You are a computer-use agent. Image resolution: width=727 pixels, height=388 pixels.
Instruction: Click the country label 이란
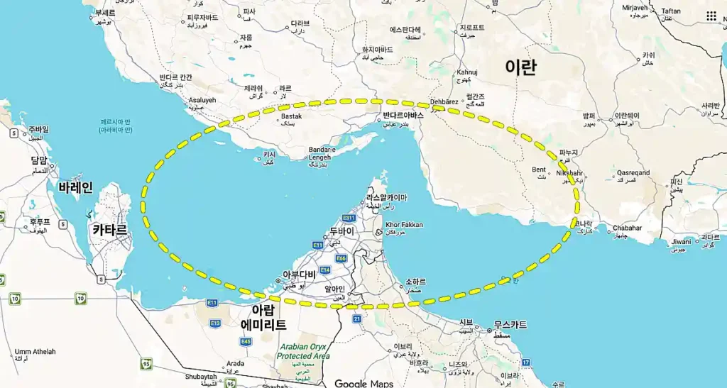coord(520,67)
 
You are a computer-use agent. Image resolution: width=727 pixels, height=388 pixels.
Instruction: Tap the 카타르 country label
coord(110,230)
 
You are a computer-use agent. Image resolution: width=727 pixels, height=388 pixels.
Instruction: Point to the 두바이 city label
coord(341,231)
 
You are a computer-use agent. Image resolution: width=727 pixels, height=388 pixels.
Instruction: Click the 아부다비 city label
coord(299,275)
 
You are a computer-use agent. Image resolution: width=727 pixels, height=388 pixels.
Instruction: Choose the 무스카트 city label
coord(510,325)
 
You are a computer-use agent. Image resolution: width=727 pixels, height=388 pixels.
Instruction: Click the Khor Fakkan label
coord(404,225)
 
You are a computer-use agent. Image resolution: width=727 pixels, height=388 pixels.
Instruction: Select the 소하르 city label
coord(415,281)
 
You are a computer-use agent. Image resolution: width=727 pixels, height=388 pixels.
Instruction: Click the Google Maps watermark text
coord(363,384)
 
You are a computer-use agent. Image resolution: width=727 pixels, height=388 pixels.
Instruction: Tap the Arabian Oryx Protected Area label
coord(303,351)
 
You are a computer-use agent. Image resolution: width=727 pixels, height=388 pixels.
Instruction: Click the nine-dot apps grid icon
coord(711,16)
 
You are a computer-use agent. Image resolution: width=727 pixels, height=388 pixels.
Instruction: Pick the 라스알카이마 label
coord(387,198)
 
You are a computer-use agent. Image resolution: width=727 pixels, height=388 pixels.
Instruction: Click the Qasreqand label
coord(633,172)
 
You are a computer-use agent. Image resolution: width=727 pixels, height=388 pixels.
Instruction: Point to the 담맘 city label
coord(39,160)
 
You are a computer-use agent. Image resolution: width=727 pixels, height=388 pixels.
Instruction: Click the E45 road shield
coord(246,342)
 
